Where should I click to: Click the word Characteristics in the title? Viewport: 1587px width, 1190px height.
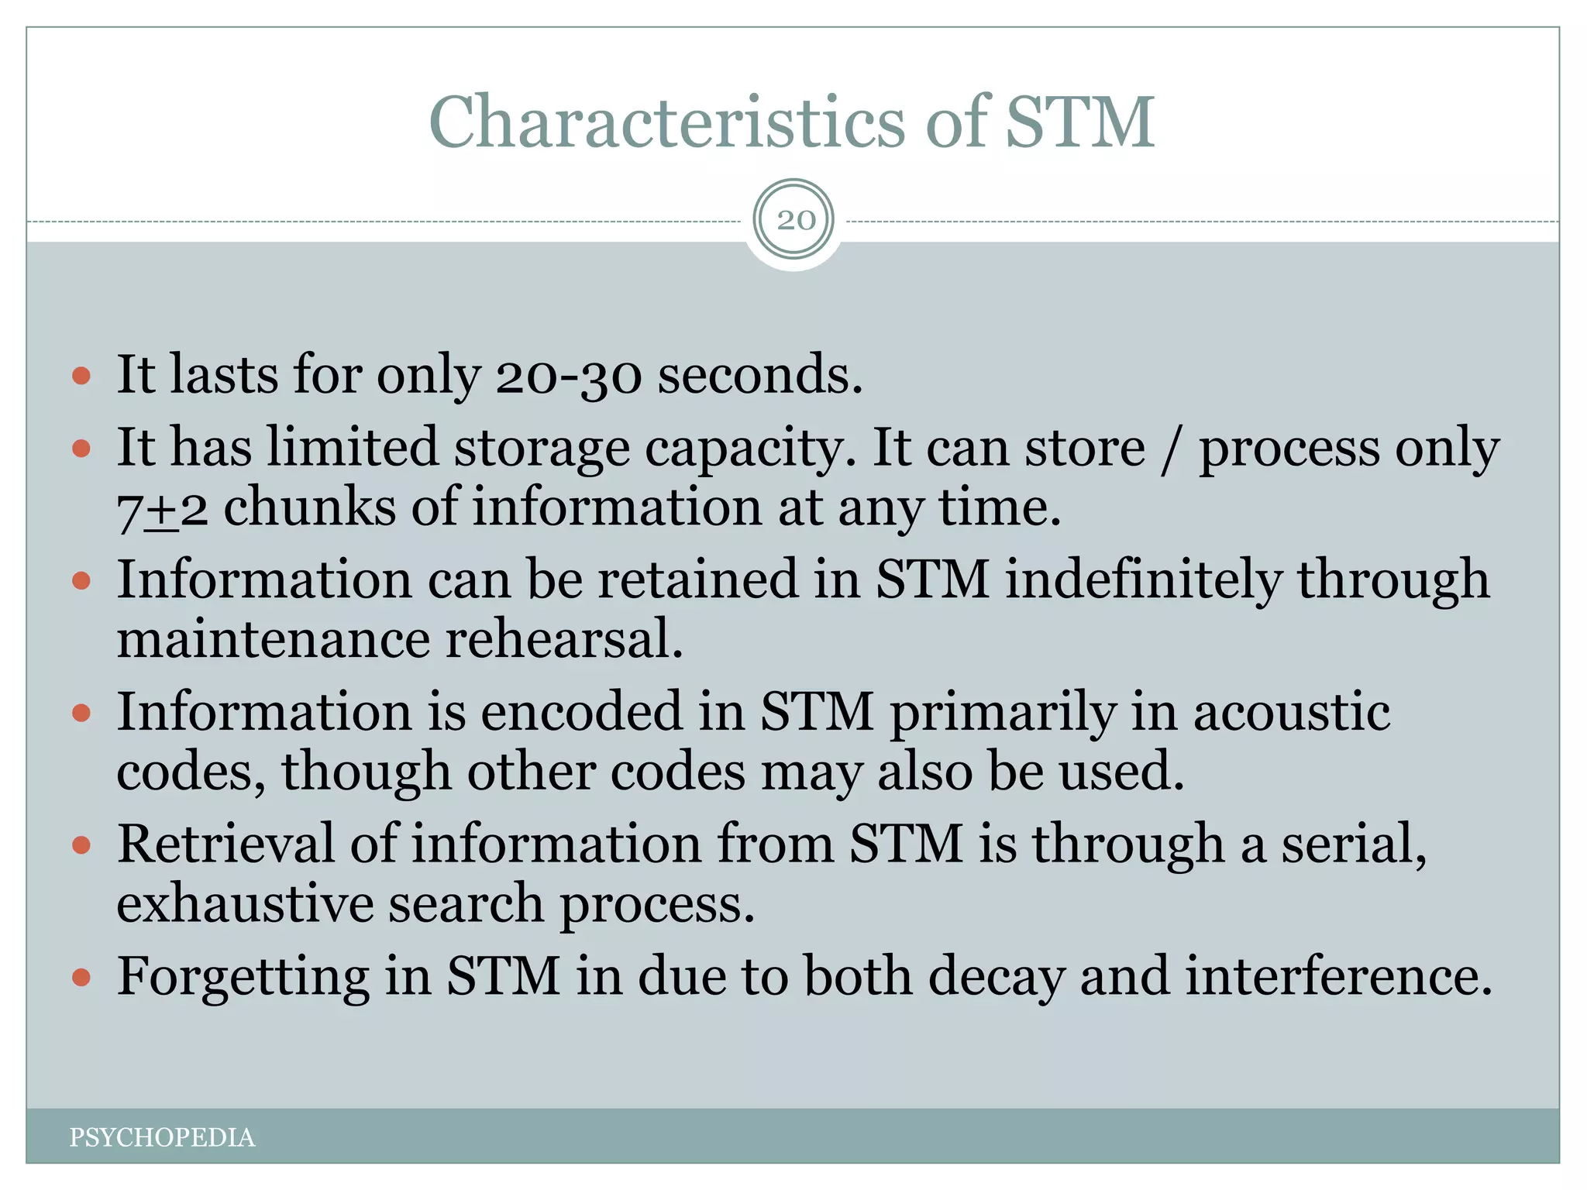[666, 122]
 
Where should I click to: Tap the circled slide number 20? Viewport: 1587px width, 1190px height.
[796, 220]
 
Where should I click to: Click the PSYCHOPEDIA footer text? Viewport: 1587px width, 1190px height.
[162, 1137]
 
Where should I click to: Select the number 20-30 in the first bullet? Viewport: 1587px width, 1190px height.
[569, 375]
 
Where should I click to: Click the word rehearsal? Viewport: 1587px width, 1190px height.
[564, 640]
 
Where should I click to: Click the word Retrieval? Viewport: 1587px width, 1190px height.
[225, 844]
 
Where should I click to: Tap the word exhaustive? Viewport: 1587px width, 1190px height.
[245, 905]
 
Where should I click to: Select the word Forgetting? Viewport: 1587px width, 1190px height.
[243, 976]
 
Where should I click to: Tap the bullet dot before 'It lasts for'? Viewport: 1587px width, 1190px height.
[81, 377]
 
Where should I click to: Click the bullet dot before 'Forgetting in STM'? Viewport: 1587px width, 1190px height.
[81, 978]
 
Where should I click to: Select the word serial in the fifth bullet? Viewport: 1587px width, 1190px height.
[1352, 844]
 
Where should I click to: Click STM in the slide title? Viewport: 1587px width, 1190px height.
[1079, 122]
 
